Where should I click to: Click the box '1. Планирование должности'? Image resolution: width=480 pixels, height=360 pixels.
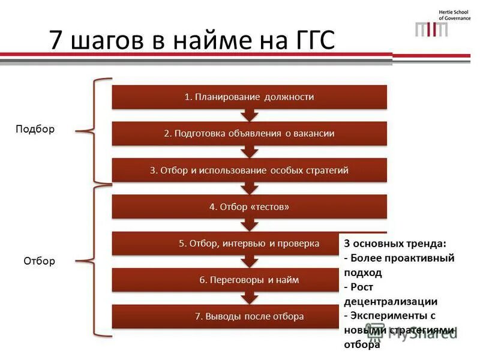tap(249, 97)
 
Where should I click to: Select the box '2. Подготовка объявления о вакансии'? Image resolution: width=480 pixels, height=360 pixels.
tap(249, 133)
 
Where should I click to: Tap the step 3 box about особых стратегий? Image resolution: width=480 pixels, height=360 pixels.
tap(249, 170)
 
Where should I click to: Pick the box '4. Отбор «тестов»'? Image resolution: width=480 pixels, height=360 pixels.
tap(249, 206)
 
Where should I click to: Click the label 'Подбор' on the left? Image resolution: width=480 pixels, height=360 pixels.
tap(35, 129)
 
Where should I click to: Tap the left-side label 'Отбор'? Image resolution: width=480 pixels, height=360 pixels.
tap(39, 260)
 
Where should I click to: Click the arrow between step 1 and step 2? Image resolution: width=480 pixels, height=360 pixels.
tap(249, 116)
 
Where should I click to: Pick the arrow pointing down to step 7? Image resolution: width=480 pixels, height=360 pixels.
tap(249, 298)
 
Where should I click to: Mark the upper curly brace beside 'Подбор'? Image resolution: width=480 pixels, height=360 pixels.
tap(99, 129)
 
